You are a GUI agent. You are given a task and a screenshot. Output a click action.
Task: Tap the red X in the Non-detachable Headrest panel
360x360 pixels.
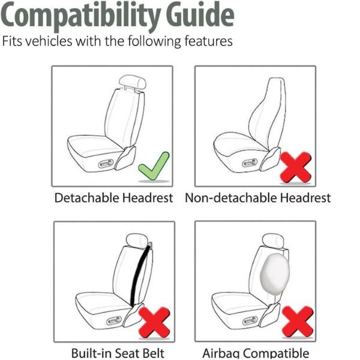(296, 167)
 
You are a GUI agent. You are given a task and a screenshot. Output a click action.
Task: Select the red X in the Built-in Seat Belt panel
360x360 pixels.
(154, 323)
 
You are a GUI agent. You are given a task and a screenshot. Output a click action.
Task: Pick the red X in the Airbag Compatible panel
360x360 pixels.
(298, 322)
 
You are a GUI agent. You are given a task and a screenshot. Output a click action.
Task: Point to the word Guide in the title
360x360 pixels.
(200, 14)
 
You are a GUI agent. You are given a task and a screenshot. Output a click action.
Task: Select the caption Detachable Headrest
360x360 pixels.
(113, 197)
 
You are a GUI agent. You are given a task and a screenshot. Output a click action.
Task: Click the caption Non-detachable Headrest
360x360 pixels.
(258, 197)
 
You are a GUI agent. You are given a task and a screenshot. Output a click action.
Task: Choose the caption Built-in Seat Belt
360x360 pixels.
(118, 353)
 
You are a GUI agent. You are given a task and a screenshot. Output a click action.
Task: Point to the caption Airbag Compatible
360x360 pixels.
(256, 353)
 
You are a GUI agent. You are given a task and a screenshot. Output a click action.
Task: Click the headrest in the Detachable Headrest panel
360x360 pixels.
(133, 82)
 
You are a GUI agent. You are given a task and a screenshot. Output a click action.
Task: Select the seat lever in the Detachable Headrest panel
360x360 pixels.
(106, 164)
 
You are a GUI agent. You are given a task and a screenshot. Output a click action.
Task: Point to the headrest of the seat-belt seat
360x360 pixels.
(137, 241)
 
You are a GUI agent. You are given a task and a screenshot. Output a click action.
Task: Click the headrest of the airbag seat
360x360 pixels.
(273, 241)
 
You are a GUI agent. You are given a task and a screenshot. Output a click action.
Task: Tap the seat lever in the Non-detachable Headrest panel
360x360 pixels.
(250, 163)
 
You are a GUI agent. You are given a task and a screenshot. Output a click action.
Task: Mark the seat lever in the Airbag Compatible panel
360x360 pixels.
(250, 320)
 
